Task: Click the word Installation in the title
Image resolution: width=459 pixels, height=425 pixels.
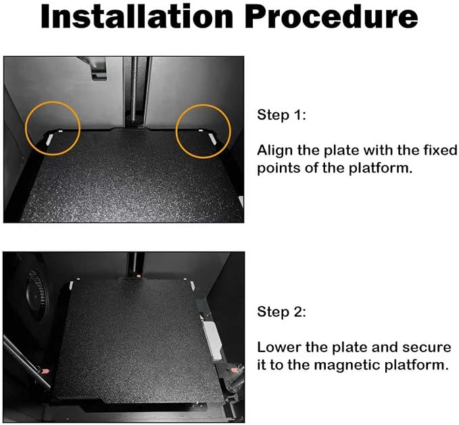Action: pyautogui.click(x=137, y=17)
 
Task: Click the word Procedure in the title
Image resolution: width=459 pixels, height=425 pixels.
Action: pyautogui.click(x=331, y=17)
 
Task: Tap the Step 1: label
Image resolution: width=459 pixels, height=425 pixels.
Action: pyautogui.click(x=281, y=114)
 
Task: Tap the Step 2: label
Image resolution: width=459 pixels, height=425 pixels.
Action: pyautogui.click(x=281, y=311)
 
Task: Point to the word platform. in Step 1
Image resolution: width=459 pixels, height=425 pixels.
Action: pyautogui.click(x=381, y=168)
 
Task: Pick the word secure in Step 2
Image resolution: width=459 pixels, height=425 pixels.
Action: pyautogui.click(x=426, y=347)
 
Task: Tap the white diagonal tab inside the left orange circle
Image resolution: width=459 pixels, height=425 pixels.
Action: pyautogui.click(x=49, y=139)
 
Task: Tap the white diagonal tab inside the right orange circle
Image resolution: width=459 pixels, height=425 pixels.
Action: pyautogui.click(x=212, y=139)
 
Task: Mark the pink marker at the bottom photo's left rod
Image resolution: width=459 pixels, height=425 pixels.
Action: pyautogui.click(x=45, y=372)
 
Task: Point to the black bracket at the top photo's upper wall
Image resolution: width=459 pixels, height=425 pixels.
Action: pyautogui.click(x=97, y=68)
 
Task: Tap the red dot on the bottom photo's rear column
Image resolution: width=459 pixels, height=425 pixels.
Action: pyautogui.click(x=138, y=276)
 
